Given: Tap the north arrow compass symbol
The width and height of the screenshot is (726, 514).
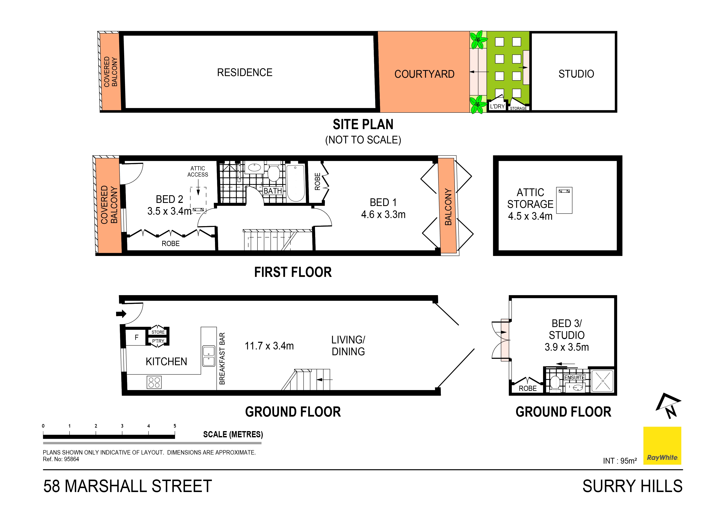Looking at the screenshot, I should click(669, 406).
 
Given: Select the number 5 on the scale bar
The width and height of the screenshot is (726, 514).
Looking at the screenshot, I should click(175, 426).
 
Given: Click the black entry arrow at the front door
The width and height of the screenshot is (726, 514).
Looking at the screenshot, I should click(121, 314).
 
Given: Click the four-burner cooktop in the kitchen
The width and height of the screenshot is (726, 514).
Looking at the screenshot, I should click(154, 382).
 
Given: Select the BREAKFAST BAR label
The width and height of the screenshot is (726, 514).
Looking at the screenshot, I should click(222, 359).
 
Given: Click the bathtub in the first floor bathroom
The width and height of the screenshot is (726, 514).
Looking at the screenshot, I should click(296, 183).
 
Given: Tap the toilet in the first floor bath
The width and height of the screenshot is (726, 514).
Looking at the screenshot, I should click(274, 173).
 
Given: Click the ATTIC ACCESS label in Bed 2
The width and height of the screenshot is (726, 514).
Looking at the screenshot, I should click(198, 171).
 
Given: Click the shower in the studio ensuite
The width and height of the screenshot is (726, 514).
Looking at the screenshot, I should click(602, 381).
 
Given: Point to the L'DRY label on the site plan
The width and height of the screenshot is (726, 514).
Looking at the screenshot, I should click(497, 106).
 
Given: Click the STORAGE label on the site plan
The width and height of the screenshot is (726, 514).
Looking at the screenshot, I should click(518, 108).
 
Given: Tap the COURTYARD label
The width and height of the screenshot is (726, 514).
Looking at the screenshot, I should click(424, 74).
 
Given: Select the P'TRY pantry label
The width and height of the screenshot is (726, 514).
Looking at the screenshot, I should click(158, 341).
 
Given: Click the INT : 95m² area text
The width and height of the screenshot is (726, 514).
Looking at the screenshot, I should click(620, 461).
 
